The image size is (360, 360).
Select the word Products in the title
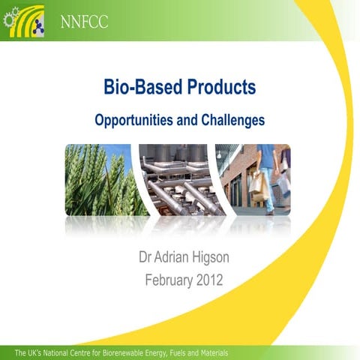(220, 88)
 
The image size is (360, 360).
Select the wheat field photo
(97, 180)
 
